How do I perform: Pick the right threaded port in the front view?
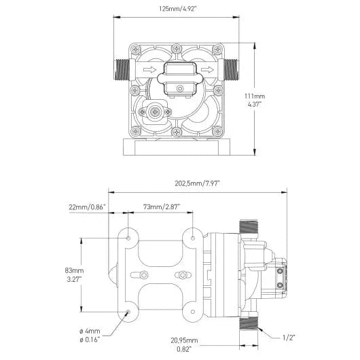pyautogui.click(x=231, y=68)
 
